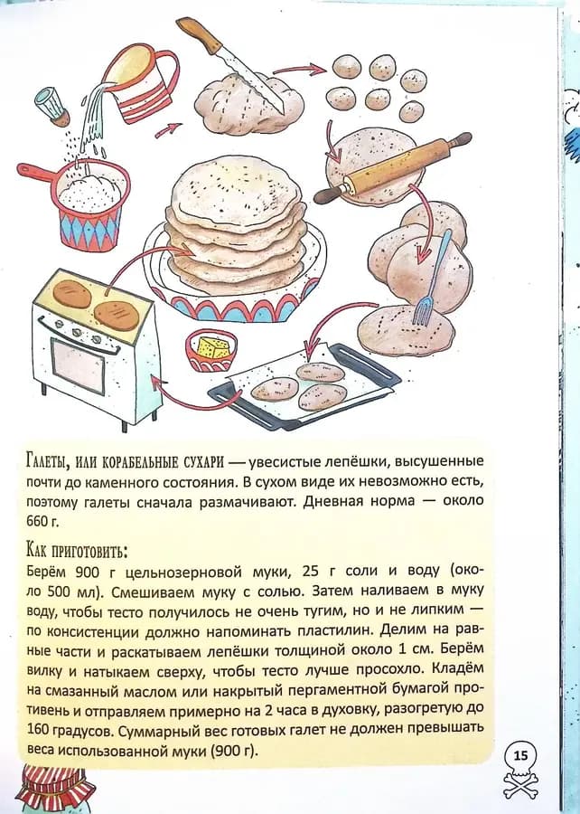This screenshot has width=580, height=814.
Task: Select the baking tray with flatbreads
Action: click(304, 386)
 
